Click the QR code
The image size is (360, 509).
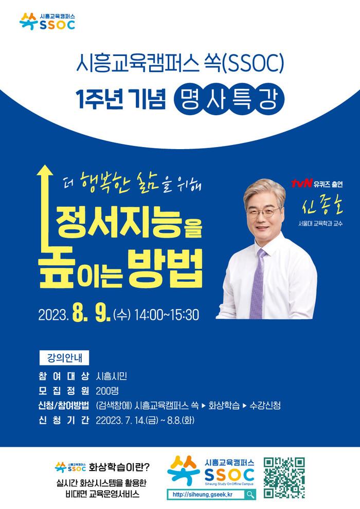coord(284,478)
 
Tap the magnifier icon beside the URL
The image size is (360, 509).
coord(250,495)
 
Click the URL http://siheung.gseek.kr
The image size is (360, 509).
coord(203,495)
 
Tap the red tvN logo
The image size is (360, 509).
coord(301,184)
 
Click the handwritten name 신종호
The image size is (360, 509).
coord(322,206)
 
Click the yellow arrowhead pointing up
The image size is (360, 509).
coord(45,171)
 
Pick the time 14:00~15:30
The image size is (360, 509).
coord(167,315)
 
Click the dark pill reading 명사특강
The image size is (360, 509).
coord(229,99)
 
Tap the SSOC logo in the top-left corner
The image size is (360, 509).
coord(47,22)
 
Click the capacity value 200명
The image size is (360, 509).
coord(107,391)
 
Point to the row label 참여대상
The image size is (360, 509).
coord(64,376)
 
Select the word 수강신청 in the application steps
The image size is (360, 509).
coord(265,406)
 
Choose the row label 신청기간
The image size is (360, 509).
coord(64,421)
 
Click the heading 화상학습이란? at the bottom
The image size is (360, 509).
coord(120,467)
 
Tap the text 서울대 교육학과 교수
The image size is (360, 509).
coord(321,224)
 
